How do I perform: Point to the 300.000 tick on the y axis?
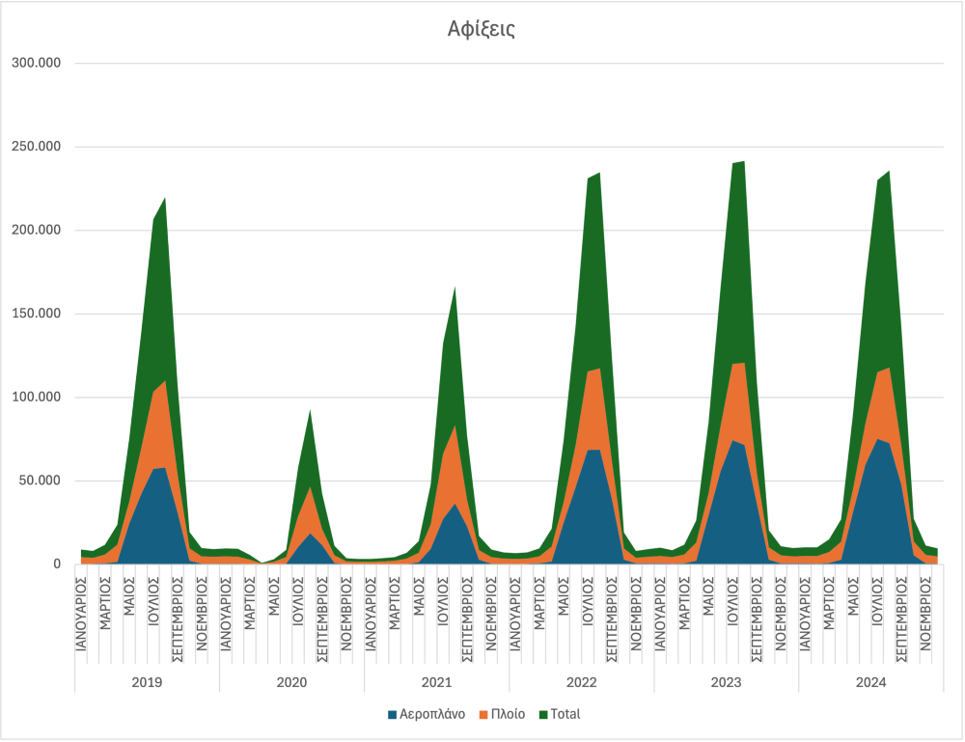(36, 64)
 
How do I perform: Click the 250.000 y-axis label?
(36, 147)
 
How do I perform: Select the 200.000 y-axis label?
(36, 231)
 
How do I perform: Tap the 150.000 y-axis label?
(36, 314)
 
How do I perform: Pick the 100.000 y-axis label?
(36, 398)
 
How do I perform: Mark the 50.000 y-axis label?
(40, 481)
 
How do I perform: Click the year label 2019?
(147, 681)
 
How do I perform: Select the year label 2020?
(291, 681)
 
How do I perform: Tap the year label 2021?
(436, 681)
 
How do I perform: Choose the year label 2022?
(581, 681)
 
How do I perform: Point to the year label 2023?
(726, 681)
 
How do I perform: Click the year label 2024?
(870, 681)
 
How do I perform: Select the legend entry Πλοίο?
(507, 714)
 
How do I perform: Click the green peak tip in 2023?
(743, 161)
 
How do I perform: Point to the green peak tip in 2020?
(310, 410)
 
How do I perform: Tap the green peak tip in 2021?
(455, 287)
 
